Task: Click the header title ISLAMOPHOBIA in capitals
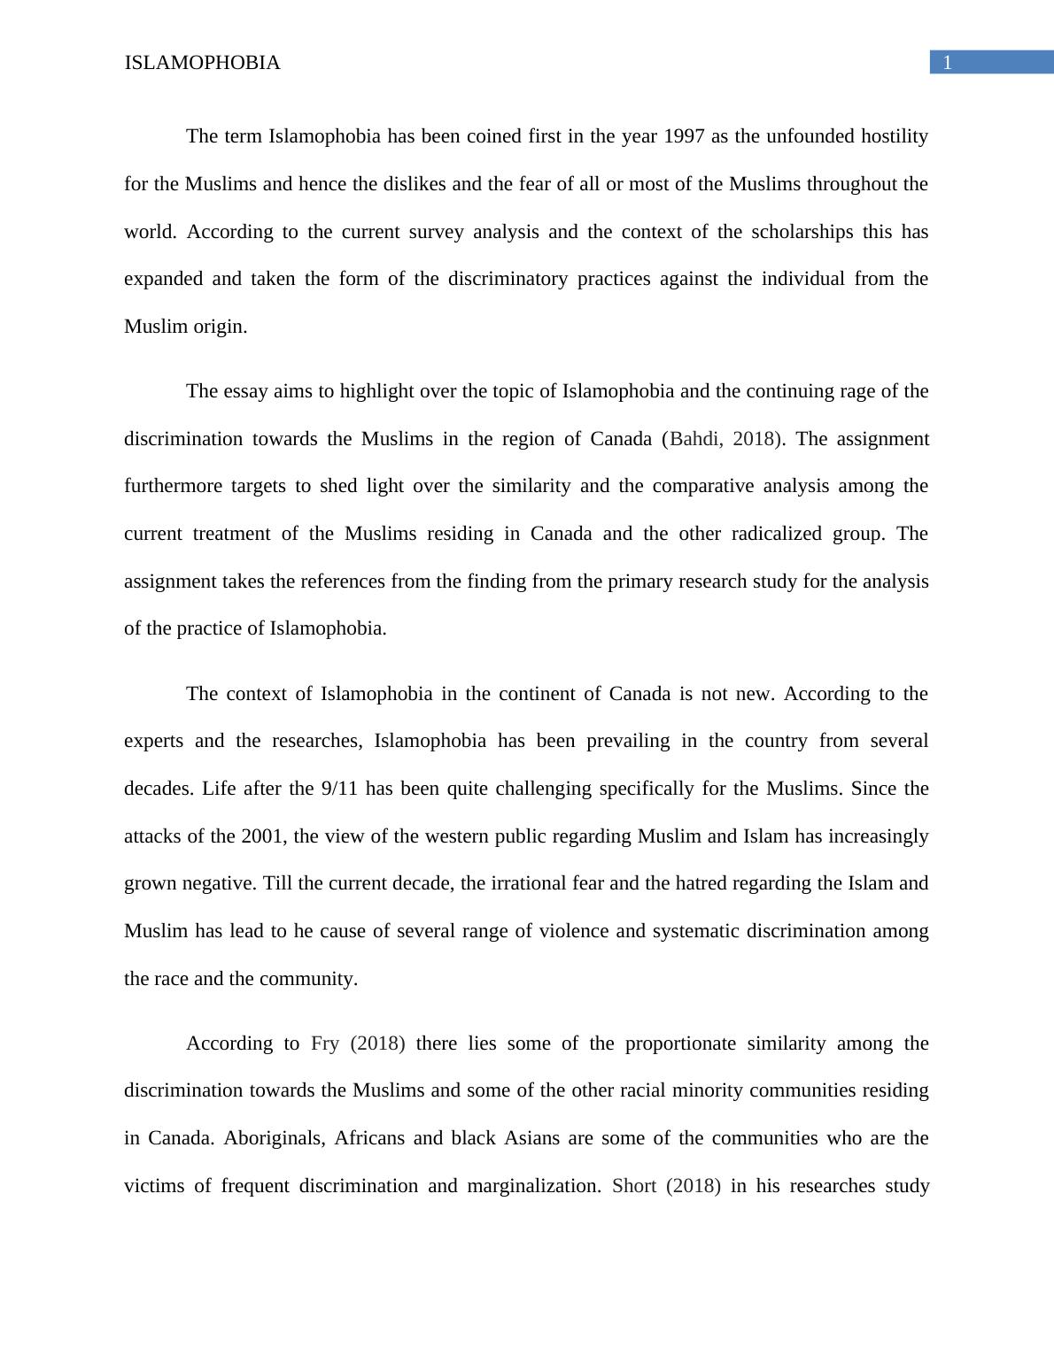click(x=202, y=63)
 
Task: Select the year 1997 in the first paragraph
click(x=684, y=136)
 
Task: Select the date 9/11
click(x=339, y=789)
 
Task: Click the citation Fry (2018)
click(x=358, y=1043)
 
